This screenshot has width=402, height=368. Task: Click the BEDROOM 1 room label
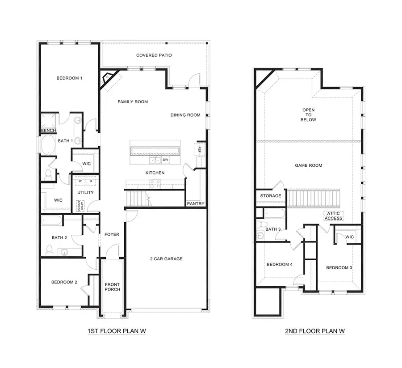pyautogui.click(x=69, y=78)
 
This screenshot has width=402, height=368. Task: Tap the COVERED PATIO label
pyautogui.click(x=154, y=55)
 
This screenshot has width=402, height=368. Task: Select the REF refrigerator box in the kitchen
pyautogui.click(x=200, y=149)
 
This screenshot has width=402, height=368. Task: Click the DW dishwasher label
pyautogui.click(x=165, y=160)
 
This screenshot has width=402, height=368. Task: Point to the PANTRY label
pyautogui.click(x=196, y=204)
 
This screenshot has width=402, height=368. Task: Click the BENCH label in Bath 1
pyautogui.click(x=48, y=131)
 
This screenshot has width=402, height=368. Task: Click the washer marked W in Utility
pyautogui.click(x=80, y=181)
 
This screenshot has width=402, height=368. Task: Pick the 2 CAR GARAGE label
pyautogui.click(x=167, y=258)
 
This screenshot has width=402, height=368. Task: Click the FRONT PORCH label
pyautogui.click(x=112, y=287)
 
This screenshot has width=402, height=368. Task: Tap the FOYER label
pyautogui.click(x=111, y=234)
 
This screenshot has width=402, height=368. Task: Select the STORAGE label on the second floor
pyautogui.click(x=271, y=196)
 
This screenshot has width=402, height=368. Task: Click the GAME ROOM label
pyautogui.click(x=308, y=165)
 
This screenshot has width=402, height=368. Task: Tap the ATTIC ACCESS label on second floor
pyautogui.click(x=333, y=216)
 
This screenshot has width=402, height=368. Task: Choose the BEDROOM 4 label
pyautogui.click(x=279, y=264)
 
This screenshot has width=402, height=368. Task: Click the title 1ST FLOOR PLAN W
pyautogui.click(x=117, y=331)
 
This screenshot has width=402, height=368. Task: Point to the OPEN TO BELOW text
pyautogui.click(x=309, y=115)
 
